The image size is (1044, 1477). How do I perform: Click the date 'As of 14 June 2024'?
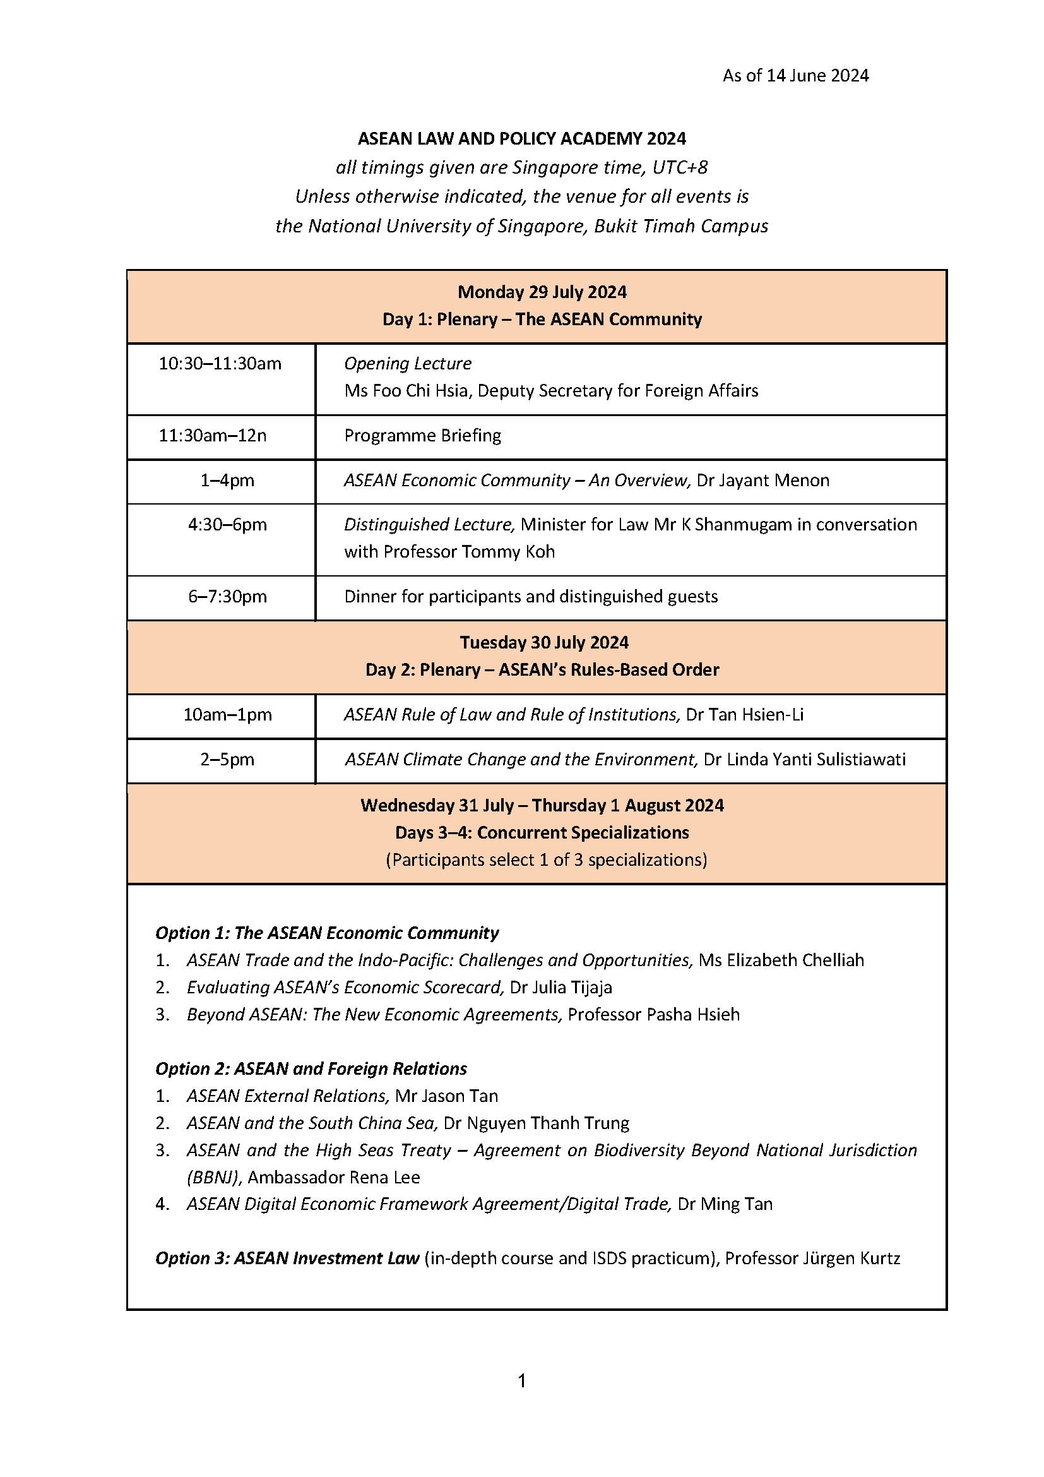795,76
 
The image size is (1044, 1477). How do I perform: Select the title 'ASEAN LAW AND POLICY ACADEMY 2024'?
522,138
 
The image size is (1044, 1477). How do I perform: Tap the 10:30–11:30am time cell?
220,364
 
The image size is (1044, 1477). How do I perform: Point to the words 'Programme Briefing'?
422,436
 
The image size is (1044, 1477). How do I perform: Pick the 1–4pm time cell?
227,481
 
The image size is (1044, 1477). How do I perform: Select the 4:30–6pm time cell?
227,525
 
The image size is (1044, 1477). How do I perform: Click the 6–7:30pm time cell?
227,597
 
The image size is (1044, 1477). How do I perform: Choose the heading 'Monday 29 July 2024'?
542,292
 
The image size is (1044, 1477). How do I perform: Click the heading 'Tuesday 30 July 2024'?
544,643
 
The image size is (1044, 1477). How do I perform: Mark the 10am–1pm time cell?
227,715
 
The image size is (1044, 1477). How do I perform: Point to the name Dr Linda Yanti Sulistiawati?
804,760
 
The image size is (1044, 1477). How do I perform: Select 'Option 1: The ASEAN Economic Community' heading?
326,933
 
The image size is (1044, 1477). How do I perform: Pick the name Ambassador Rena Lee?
334,1177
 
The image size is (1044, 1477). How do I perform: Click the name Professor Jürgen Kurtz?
812,1259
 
